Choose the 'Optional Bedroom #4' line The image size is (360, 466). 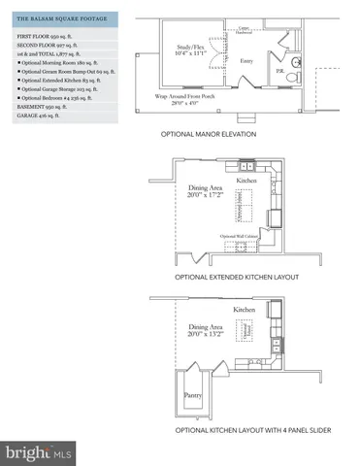(58, 97)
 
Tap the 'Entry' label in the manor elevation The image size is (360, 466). (245, 60)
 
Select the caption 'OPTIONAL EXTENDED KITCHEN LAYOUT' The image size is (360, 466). (237, 279)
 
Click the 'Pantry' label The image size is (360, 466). (194, 396)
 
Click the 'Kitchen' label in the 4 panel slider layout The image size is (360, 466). (244, 309)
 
